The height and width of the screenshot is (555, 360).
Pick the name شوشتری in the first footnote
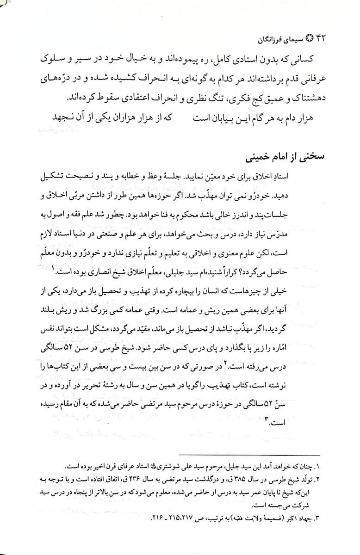173,465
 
